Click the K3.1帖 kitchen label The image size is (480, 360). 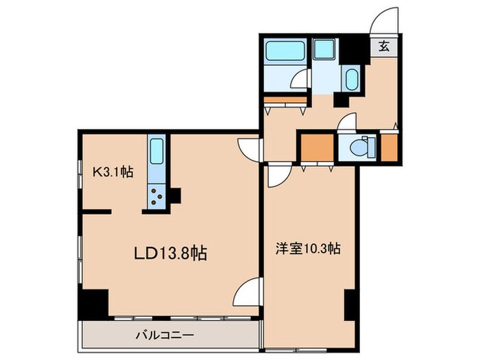[113, 173]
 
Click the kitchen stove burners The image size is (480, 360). [156, 197]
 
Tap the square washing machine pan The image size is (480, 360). [322, 49]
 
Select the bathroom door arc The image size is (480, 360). [300, 81]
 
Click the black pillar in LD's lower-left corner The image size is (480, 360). [93, 302]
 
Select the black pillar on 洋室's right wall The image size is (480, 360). [349, 304]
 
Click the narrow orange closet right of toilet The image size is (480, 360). [389, 146]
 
